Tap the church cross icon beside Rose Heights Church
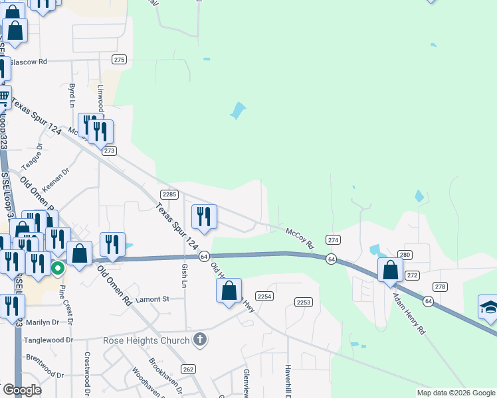pos(199,340)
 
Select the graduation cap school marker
pos(488,308)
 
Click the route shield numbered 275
pos(119,60)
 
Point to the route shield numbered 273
pos(110,151)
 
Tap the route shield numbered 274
pos(333,239)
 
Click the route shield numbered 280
pos(405,255)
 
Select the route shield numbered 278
pos(440,286)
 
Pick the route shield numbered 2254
pos(265,297)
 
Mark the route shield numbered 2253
pos(304,302)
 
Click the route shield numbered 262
pos(188,369)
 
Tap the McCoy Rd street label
pos(300,239)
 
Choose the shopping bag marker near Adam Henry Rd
pos(390,269)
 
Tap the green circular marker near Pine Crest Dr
pos(58,269)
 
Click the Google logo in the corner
pos(22,391)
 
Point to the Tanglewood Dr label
pos(47,340)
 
